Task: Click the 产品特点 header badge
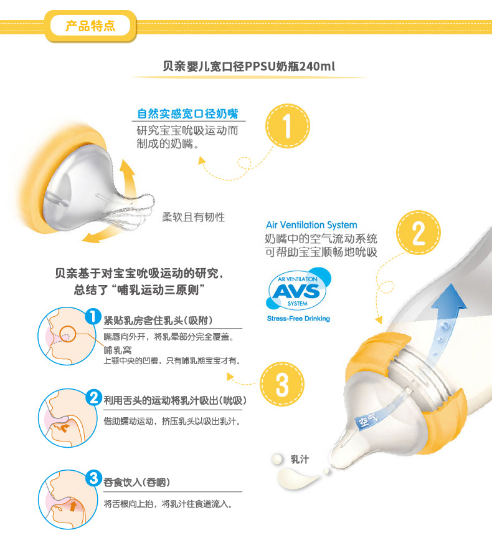tap(90, 26)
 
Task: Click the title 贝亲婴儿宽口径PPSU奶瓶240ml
tap(249, 66)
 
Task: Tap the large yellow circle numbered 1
tap(287, 126)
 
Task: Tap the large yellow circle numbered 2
tap(419, 233)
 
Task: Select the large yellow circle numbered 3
tap(282, 384)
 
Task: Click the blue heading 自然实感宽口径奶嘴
tap(188, 113)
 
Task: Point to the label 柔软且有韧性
tap(194, 217)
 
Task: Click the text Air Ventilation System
tap(311, 225)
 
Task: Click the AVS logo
tap(298, 290)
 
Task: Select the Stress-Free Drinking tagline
tap(298, 319)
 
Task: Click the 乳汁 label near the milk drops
tap(300, 459)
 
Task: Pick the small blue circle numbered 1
tap(93, 316)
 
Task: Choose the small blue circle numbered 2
tap(93, 398)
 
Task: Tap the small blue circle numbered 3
tap(93, 478)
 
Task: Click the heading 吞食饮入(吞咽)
tap(137, 482)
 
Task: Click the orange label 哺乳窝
tap(118, 350)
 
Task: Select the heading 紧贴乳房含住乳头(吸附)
tap(158, 320)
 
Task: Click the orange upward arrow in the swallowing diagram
tap(73, 506)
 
